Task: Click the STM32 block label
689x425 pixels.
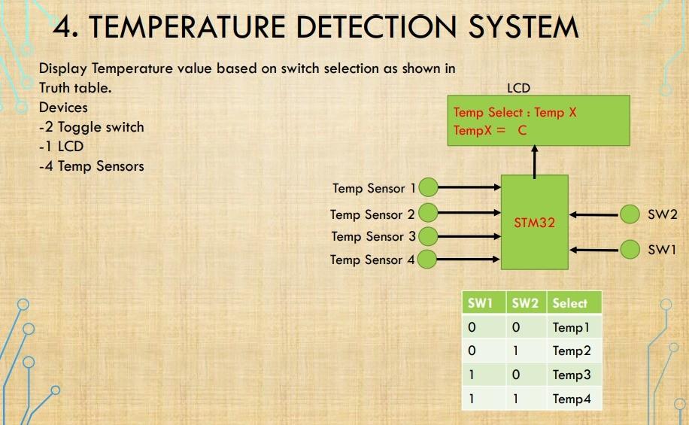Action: [x=534, y=223]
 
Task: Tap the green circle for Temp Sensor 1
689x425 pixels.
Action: [x=429, y=187]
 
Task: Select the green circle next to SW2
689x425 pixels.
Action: [x=630, y=214]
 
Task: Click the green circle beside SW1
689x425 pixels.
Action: [x=630, y=250]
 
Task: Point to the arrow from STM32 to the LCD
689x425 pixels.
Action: [x=534, y=162]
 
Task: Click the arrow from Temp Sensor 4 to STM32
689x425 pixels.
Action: [x=468, y=260]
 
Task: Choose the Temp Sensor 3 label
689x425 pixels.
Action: [x=374, y=236]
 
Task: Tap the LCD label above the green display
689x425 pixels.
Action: [x=518, y=88]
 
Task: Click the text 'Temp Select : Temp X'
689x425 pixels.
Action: [x=514, y=113]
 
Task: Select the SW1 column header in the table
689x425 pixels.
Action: [x=480, y=303]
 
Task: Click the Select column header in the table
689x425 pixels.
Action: [x=570, y=303]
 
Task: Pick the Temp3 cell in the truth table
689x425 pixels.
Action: [x=572, y=375]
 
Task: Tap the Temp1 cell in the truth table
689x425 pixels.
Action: [x=571, y=327]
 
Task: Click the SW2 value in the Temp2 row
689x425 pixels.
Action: [x=515, y=351]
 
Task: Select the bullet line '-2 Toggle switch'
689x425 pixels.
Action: [x=92, y=127]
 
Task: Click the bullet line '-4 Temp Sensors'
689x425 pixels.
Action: [x=92, y=166]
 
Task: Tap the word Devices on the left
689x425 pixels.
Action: [x=63, y=108]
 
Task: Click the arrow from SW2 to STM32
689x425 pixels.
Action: [x=594, y=215]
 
